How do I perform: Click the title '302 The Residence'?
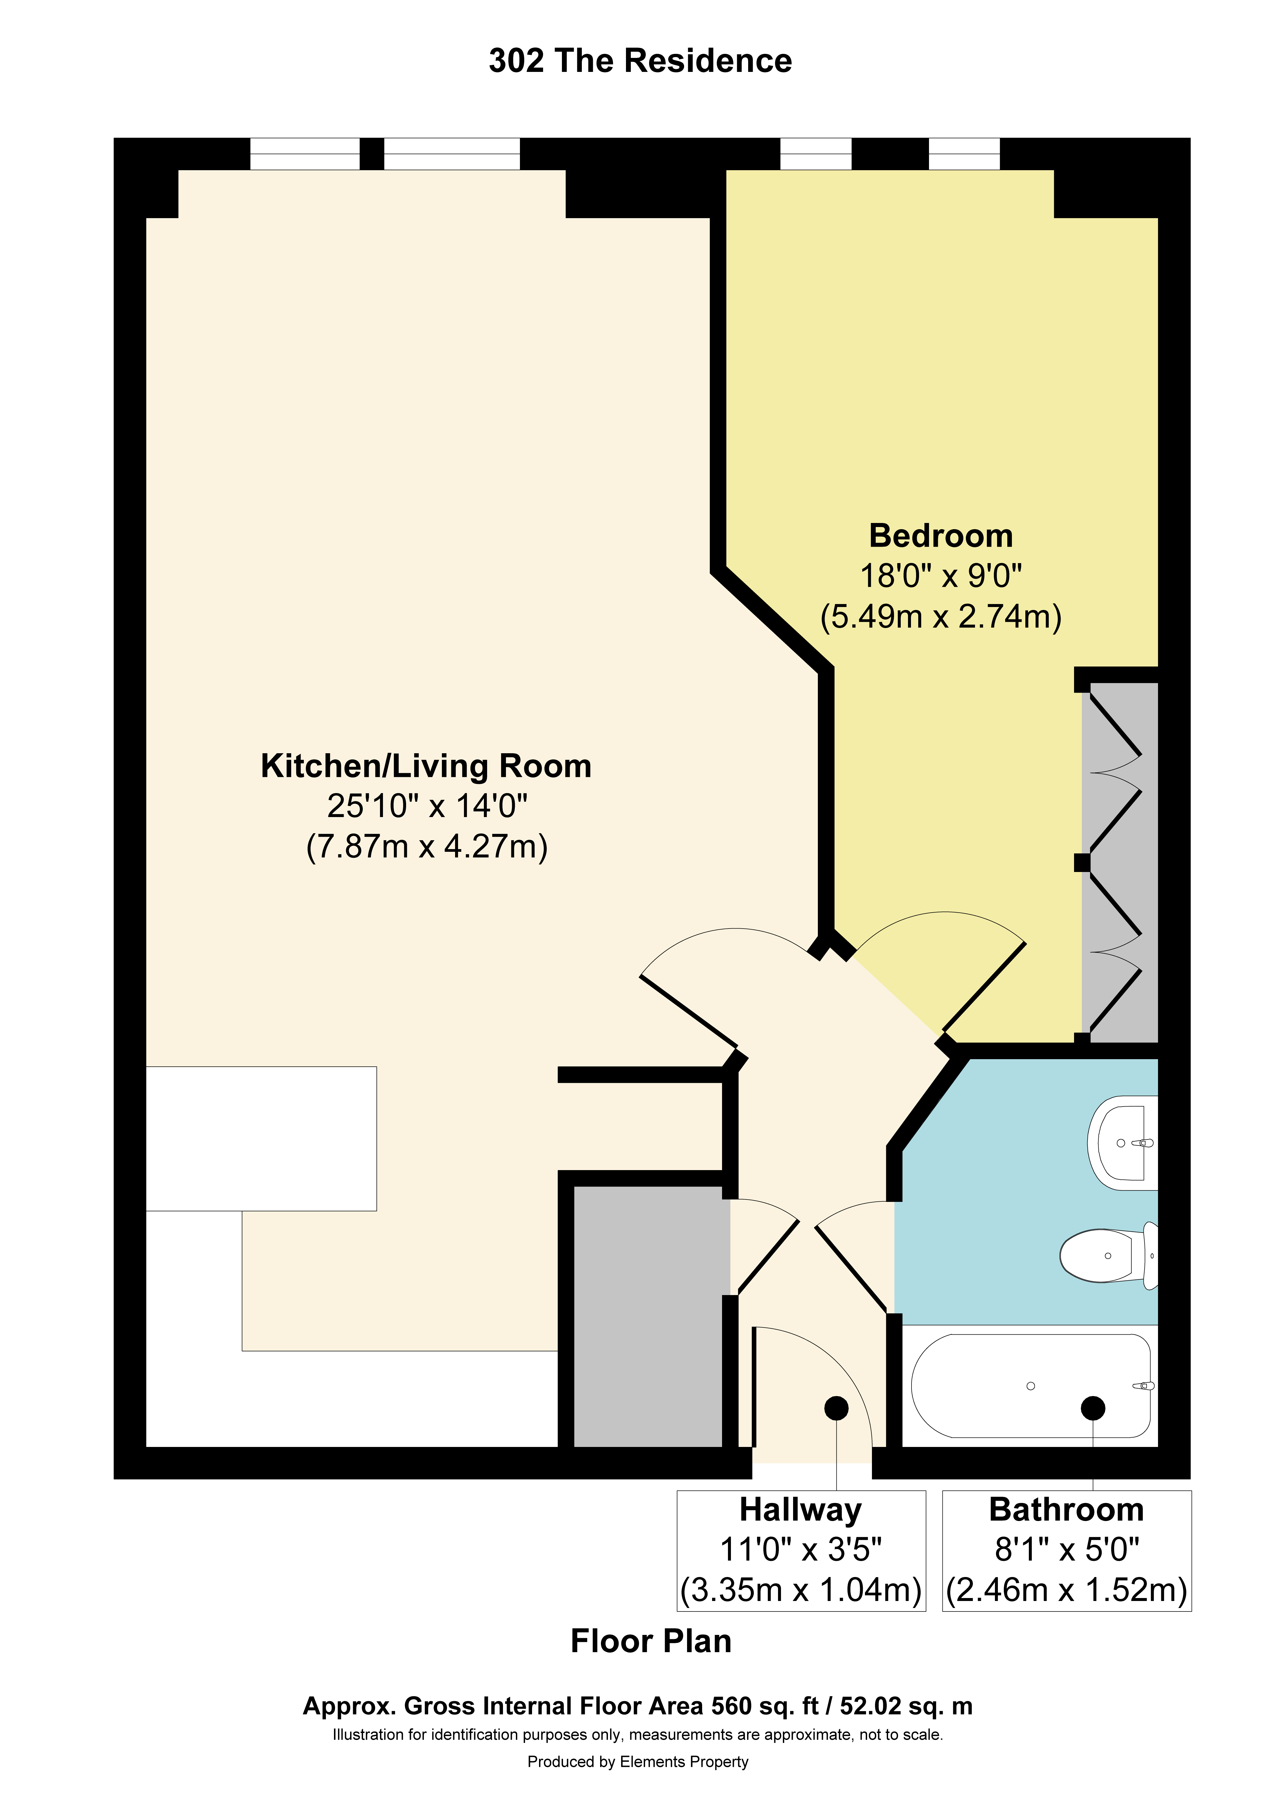[x=640, y=61]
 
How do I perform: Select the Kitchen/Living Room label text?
[x=426, y=766]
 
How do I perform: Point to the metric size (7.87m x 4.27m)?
[x=427, y=846]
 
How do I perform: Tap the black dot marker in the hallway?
[x=836, y=1408]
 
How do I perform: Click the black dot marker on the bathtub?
[x=1093, y=1408]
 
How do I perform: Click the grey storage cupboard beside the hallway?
[x=647, y=1316]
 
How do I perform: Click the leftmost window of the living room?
[x=305, y=154]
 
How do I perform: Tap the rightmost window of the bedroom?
[x=963, y=154]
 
